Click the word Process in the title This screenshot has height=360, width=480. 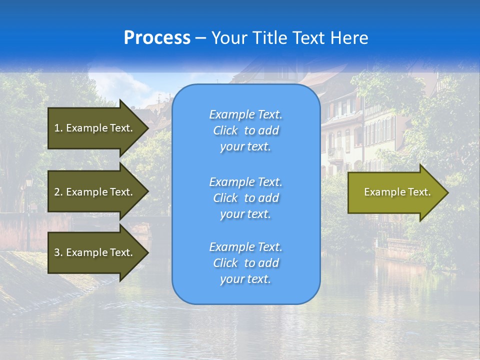(x=157, y=38)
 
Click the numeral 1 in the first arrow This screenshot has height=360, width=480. (x=57, y=128)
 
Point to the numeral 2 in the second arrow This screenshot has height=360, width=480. (x=57, y=192)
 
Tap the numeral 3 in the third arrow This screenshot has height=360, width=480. (x=57, y=252)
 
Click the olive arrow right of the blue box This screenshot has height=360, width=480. (x=395, y=192)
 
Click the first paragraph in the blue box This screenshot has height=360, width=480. (x=245, y=130)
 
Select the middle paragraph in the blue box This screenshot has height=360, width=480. (x=245, y=198)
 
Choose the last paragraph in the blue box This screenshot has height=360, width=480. (x=245, y=263)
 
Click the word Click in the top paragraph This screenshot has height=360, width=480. (x=225, y=131)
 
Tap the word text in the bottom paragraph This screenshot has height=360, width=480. (x=259, y=279)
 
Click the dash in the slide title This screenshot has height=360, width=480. (x=201, y=38)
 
